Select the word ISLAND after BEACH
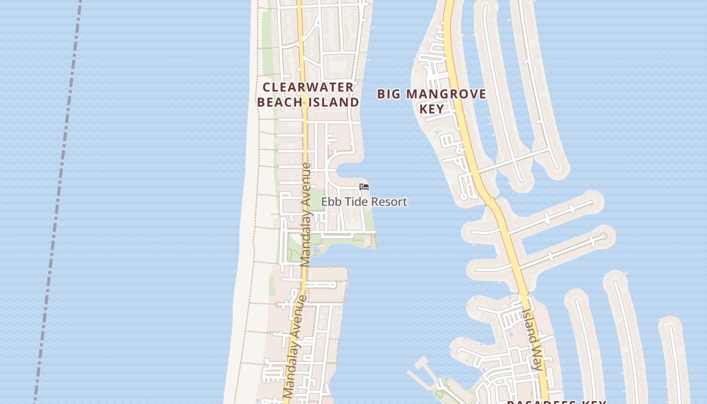pos(333,102)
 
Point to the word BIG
pos(389,94)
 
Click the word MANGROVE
pos(446,94)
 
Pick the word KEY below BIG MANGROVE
pos(432,109)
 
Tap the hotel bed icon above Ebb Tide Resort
pos(364,187)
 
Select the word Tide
pos(356,202)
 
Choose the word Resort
pos(389,202)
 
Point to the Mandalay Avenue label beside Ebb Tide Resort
pos(306,215)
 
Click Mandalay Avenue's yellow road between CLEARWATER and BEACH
pos(304,94)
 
